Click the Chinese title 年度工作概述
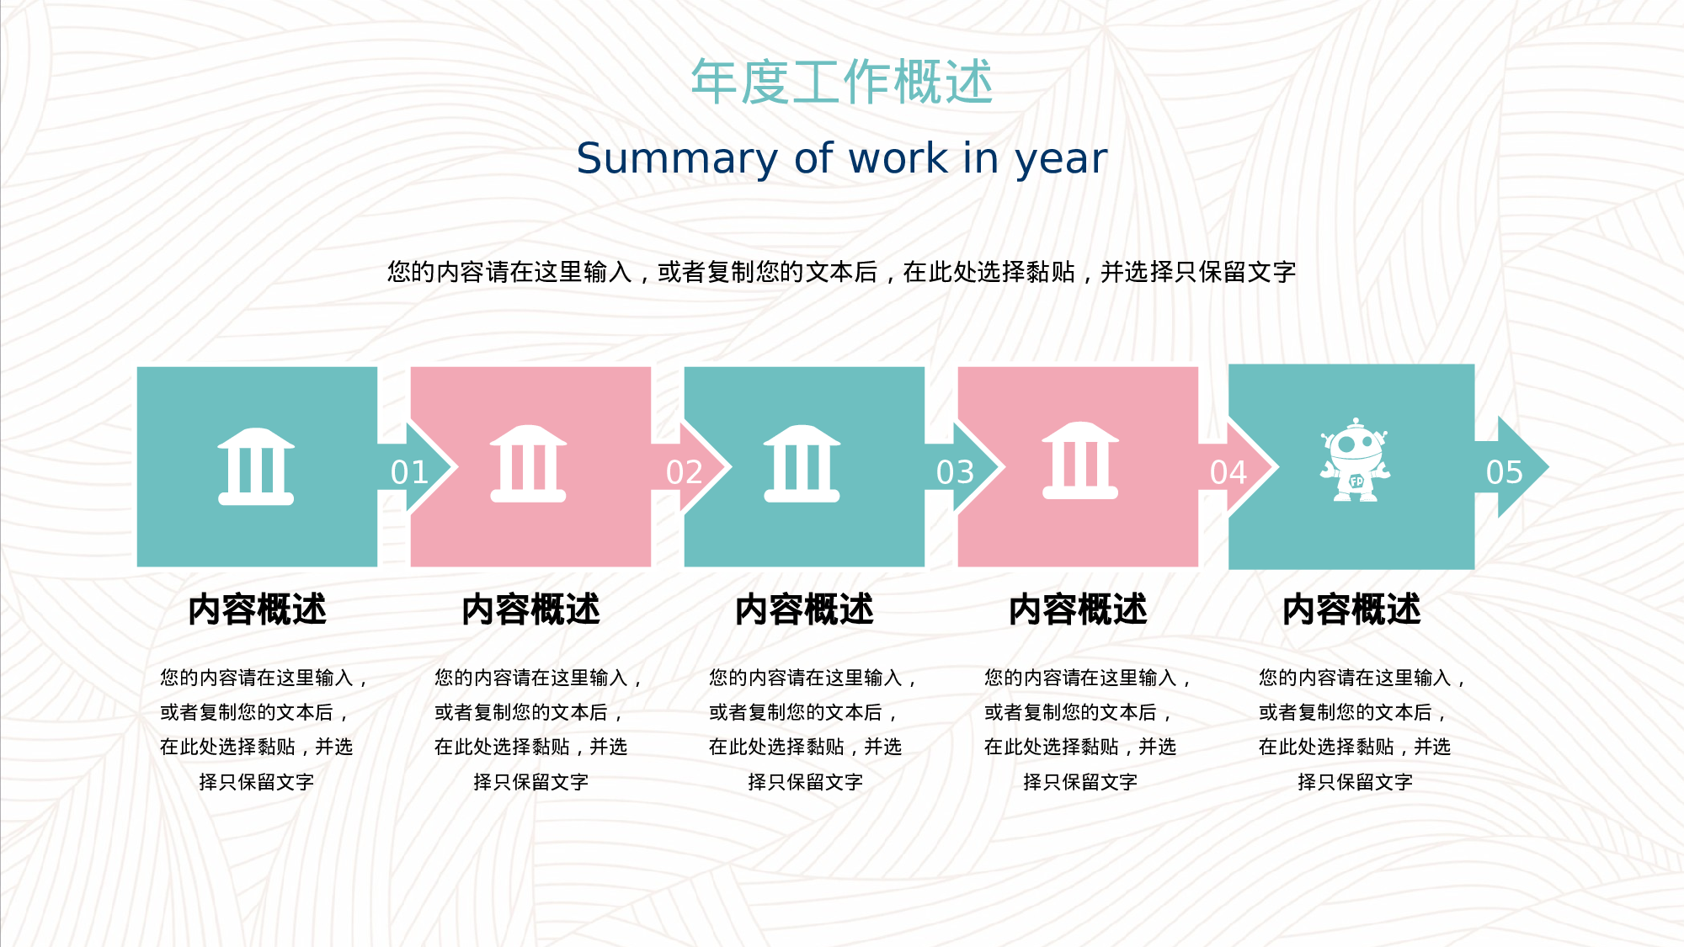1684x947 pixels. pyautogui.click(x=842, y=82)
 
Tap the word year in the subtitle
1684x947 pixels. pyautogui.click(x=1061, y=158)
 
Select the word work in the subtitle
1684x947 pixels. pyautogui.click(x=898, y=158)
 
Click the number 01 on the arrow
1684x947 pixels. pyautogui.click(x=410, y=472)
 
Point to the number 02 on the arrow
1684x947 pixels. pyautogui.click(x=685, y=472)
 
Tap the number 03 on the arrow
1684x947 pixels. pyautogui.click(x=956, y=472)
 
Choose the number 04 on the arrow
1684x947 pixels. pyautogui.click(x=1228, y=472)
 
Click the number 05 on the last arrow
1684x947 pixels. pyautogui.click(x=1505, y=472)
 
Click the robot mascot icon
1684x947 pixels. pyautogui.click(x=1355, y=460)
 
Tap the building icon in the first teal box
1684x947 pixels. pyautogui.click(x=256, y=466)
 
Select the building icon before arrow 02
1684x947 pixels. pyautogui.click(x=528, y=464)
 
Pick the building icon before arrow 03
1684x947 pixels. pyautogui.click(x=802, y=464)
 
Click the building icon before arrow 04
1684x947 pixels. pyautogui.click(x=1080, y=460)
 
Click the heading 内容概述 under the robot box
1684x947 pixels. pyautogui.click(x=1351, y=609)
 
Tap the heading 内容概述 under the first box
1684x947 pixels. pyautogui.click(x=257, y=609)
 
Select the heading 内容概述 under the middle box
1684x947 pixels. pyautogui.click(x=804, y=609)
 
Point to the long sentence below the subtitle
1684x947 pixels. pyautogui.click(x=842, y=272)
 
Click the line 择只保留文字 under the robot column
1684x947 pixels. pyautogui.click(x=1355, y=782)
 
